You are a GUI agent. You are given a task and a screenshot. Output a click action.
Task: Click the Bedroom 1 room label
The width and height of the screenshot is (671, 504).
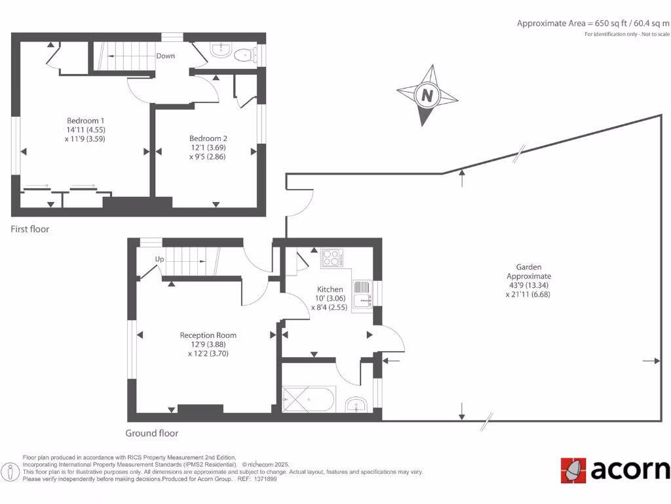[85, 121]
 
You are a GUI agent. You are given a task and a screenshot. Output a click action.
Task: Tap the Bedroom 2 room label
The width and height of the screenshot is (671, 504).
[208, 138]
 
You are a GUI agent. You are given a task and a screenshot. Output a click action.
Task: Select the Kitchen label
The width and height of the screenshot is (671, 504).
[330, 289]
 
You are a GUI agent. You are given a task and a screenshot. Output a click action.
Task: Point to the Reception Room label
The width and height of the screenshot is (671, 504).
[208, 335]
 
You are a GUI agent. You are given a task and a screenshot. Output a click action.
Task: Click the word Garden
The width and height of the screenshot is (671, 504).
[528, 267]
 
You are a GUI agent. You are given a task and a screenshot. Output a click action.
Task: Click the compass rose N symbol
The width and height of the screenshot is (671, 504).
[427, 95]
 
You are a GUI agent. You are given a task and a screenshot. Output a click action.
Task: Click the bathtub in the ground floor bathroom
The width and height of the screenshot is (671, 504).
[309, 398]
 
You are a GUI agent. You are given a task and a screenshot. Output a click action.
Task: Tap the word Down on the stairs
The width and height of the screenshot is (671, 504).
[165, 56]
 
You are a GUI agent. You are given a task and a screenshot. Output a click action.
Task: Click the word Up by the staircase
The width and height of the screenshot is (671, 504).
[159, 259]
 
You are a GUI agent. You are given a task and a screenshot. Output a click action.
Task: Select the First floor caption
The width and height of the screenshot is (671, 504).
[30, 230]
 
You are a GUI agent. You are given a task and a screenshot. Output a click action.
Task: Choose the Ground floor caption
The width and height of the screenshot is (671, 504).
[152, 433]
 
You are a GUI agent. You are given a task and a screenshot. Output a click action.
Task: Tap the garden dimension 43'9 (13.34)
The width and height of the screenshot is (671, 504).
[528, 285]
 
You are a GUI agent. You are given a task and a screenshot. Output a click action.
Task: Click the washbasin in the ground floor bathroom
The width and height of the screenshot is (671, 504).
[356, 405]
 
